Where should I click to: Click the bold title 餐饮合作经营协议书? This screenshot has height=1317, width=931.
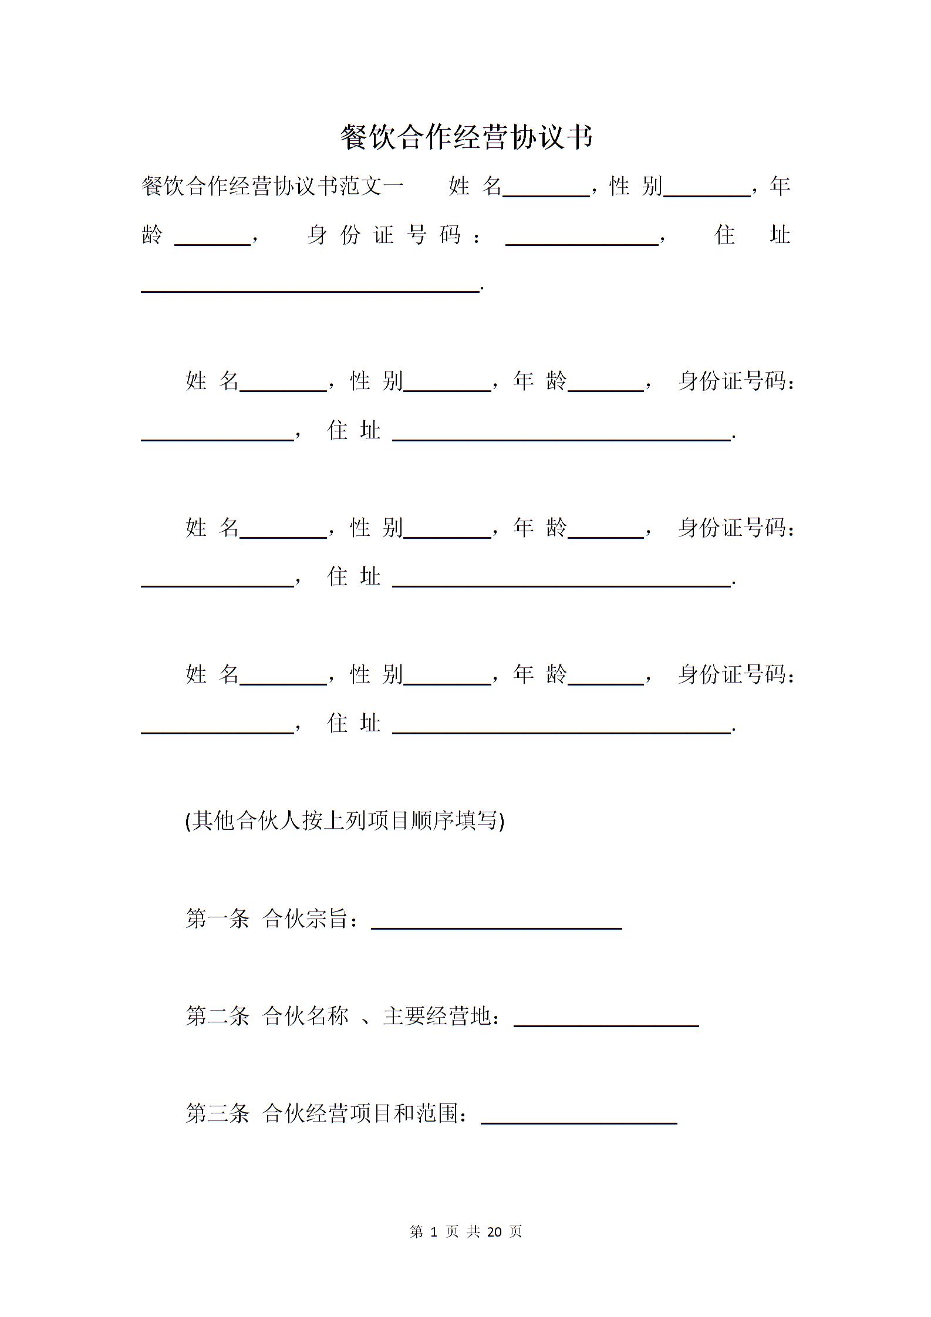(467, 137)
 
